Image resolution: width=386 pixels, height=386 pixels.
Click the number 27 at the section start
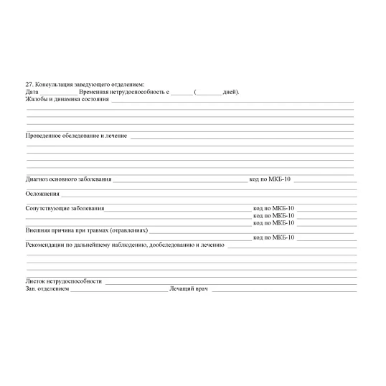(28, 85)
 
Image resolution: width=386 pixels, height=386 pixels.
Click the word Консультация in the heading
(55, 85)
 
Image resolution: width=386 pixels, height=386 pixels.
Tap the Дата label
(32, 92)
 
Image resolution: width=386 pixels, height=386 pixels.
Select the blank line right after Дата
(58, 93)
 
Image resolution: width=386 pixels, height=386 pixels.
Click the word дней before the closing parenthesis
(230, 92)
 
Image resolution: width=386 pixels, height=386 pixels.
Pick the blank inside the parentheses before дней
(210, 93)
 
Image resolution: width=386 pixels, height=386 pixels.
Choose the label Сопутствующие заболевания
(65, 208)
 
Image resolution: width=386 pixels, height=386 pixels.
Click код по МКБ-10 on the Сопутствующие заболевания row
(274, 208)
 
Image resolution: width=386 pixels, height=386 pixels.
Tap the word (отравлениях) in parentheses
(129, 230)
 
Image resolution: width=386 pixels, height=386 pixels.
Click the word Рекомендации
(50, 245)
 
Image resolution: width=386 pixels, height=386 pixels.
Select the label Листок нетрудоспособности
(63, 281)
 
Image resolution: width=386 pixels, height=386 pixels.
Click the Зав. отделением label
(47, 288)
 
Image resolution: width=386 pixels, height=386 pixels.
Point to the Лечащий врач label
(188, 288)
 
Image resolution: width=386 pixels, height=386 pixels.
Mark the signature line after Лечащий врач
(284, 290)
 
